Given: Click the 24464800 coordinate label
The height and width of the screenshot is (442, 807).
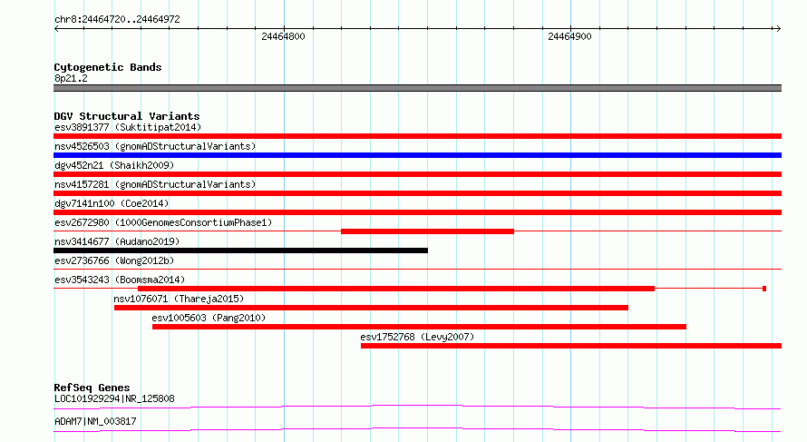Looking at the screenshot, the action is click(283, 36).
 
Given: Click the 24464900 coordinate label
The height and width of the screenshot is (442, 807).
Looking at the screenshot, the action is click(569, 36).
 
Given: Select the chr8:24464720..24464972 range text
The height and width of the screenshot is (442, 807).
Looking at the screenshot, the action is click(117, 20).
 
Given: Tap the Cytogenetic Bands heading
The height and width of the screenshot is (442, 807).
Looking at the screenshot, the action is click(108, 67).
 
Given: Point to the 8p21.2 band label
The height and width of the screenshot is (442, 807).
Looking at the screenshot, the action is click(71, 78).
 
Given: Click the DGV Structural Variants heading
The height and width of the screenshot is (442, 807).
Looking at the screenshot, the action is click(127, 116).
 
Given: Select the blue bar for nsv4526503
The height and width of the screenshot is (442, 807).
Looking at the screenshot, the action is click(417, 155).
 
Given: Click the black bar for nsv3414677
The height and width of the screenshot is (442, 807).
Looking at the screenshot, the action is click(240, 250).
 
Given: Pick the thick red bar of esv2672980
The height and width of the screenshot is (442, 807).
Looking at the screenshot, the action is click(427, 231).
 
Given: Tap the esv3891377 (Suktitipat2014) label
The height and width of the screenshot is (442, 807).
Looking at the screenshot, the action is click(128, 127).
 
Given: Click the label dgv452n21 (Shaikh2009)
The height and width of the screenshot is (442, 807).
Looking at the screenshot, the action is click(114, 165).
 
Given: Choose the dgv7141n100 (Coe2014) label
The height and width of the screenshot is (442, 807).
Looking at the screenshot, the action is click(112, 203).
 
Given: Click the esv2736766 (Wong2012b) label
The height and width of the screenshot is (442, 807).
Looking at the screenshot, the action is click(114, 260).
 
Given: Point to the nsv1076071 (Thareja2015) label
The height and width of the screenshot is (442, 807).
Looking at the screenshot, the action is click(179, 299).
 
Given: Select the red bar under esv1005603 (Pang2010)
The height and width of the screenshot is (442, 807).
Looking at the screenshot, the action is click(419, 327).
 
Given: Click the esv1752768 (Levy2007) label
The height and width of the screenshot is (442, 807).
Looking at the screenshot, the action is click(417, 337).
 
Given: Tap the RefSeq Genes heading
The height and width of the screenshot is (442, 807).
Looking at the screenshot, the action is click(92, 388).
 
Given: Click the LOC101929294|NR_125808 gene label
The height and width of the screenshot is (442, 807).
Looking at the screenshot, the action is click(114, 398).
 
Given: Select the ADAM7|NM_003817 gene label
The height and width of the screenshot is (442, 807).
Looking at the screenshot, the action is click(95, 421).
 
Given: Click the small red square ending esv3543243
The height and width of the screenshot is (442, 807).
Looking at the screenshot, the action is click(764, 289).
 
